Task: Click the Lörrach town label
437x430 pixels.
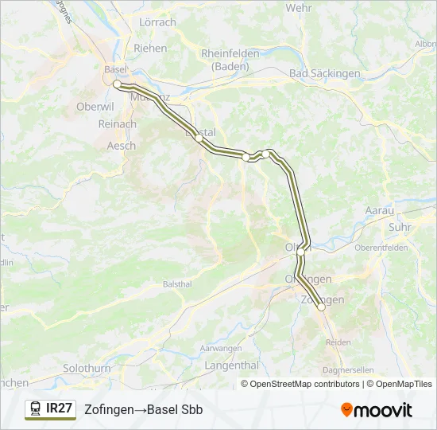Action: click(157, 22)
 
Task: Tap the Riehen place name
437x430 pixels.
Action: click(150, 48)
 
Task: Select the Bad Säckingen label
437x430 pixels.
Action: click(325, 73)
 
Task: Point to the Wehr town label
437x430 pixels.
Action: click(299, 7)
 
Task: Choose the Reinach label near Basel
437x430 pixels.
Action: click(116, 124)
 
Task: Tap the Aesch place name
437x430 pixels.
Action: click(121, 146)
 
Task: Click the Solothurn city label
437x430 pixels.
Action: click(87, 369)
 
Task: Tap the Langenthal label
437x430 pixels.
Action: click(232, 365)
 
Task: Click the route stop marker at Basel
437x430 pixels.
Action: click(117, 84)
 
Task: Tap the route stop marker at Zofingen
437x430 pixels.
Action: click(321, 307)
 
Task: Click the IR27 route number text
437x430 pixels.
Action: click(60, 408)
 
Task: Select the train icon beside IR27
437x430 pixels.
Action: click(36, 409)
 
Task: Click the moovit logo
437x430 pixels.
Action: click(377, 410)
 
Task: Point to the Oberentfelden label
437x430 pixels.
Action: click(381, 248)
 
